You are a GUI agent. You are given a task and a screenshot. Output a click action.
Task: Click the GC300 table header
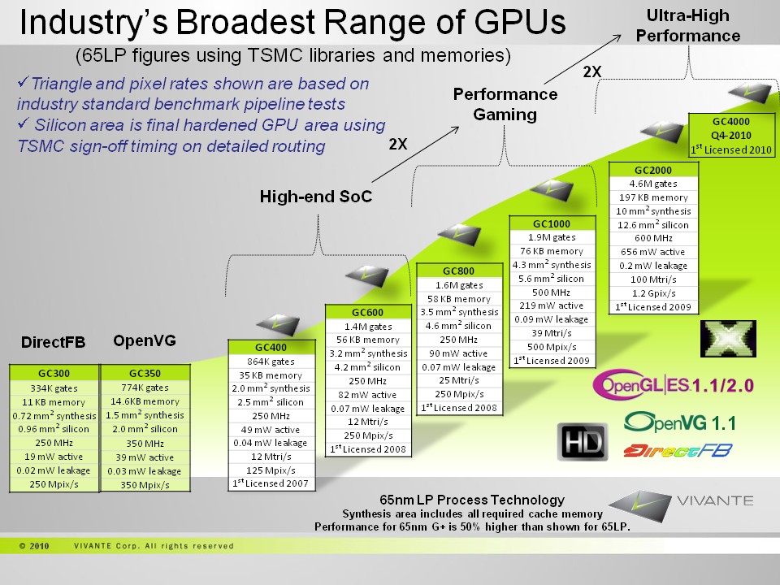click(54, 373)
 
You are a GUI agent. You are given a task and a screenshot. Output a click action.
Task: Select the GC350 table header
click(145, 373)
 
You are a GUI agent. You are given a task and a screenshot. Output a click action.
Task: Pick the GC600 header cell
click(367, 312)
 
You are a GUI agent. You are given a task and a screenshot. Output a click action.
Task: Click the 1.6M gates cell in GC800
click(459, 285)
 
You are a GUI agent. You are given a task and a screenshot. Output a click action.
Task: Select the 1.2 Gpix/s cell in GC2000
click(653, 293)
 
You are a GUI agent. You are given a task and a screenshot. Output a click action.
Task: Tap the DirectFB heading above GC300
click(53, 342)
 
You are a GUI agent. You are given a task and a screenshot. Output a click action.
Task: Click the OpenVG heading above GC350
click(145, 340)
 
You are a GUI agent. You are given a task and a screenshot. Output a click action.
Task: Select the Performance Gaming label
click(505, 104)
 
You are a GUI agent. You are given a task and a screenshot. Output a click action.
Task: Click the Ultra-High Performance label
click(687, 25)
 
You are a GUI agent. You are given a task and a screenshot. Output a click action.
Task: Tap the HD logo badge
click(582, 442)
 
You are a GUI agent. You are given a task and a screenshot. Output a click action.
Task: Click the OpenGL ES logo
click(642, 384)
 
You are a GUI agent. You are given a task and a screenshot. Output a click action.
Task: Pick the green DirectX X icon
click(724, 339)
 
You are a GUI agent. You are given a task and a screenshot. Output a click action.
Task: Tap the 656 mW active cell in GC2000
click(653, 252)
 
